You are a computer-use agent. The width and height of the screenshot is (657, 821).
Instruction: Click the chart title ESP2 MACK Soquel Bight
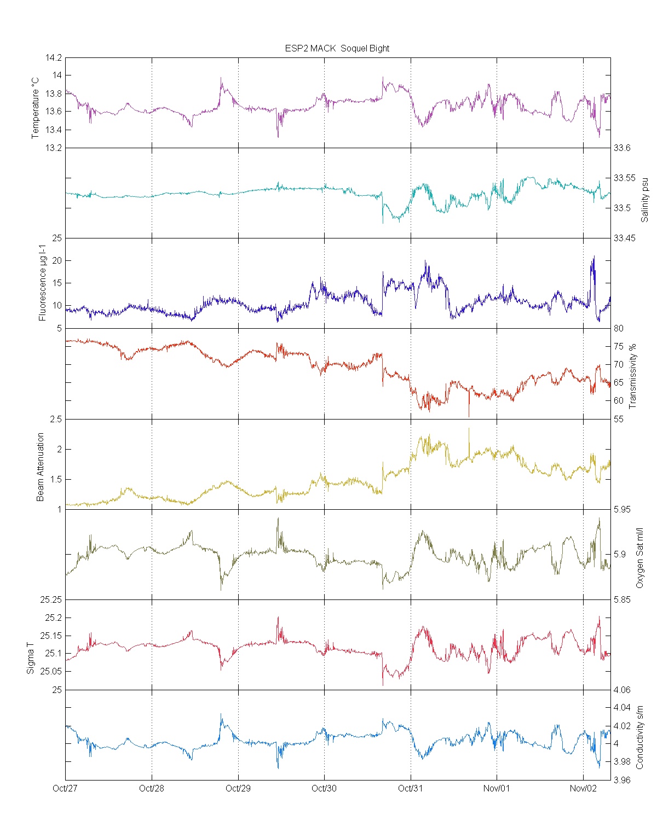337,48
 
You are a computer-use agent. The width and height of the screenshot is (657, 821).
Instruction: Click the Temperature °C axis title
36,108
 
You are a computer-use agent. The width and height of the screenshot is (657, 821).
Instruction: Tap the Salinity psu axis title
644,199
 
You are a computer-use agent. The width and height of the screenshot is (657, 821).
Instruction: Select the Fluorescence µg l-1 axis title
42,283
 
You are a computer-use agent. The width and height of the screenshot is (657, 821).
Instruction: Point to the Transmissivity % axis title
633,376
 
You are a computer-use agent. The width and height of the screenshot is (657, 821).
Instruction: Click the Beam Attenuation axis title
41,467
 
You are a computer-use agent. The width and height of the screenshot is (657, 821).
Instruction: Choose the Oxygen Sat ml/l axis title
639,558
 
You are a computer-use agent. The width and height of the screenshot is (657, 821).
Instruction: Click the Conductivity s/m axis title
639,737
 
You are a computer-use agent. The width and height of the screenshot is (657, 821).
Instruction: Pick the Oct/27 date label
65,788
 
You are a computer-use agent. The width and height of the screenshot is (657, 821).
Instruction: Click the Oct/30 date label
324,788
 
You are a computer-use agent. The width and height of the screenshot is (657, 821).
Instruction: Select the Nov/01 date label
497,788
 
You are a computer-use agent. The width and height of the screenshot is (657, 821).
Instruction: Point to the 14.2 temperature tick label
55,57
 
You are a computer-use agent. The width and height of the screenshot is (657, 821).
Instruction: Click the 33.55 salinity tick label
624,178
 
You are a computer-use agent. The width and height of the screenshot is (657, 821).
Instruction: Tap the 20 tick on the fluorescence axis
57,261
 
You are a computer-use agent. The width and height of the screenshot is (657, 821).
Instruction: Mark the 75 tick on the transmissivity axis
618,346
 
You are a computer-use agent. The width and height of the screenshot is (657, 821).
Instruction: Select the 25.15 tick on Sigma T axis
53,636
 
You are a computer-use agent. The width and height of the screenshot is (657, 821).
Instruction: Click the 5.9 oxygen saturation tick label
619,554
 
